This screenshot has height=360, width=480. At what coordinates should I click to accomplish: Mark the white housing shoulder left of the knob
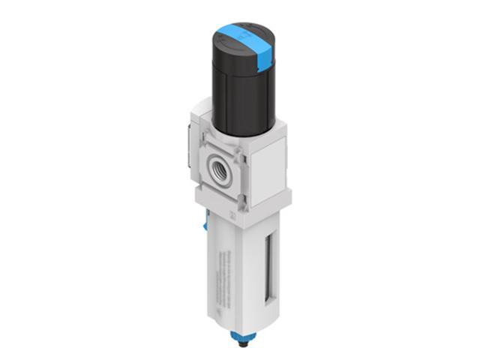pos(201,112)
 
